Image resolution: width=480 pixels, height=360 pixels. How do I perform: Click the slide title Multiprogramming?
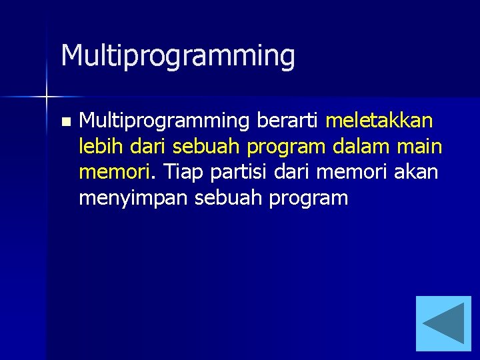coord(177,56)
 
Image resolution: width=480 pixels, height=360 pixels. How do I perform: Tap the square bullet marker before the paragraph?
coord(65,122)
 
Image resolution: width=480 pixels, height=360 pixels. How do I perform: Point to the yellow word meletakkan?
coord(379,121)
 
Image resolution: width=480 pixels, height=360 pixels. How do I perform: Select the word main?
coord(421,146)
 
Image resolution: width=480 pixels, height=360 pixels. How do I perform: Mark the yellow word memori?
coord(114,172)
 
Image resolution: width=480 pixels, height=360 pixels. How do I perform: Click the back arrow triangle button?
coord(443,323)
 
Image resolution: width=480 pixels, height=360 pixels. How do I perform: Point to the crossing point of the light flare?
coord(47,97)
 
